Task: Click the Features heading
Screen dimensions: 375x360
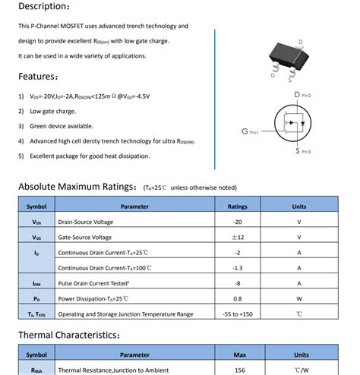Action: point(39,76)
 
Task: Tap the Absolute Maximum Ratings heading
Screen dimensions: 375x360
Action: point(73,187)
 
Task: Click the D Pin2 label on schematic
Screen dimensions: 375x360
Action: point(302,95)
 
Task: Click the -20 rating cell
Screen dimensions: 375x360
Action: point(238,222)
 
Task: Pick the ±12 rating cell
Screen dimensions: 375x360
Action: point(238,237)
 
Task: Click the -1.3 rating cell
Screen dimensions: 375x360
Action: point(238,268)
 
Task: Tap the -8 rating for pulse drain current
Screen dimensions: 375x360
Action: point(238,283)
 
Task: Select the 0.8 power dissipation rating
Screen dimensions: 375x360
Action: point(238,298)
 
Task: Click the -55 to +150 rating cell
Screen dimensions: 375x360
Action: point(238,314)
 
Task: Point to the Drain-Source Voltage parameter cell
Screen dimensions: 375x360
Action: point(86,222)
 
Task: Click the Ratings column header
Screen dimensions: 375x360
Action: point(238,206)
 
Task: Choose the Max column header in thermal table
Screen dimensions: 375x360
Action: point(238,355)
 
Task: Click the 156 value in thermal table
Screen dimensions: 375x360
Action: point(238,370)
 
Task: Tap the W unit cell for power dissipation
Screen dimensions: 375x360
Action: point(299,298)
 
